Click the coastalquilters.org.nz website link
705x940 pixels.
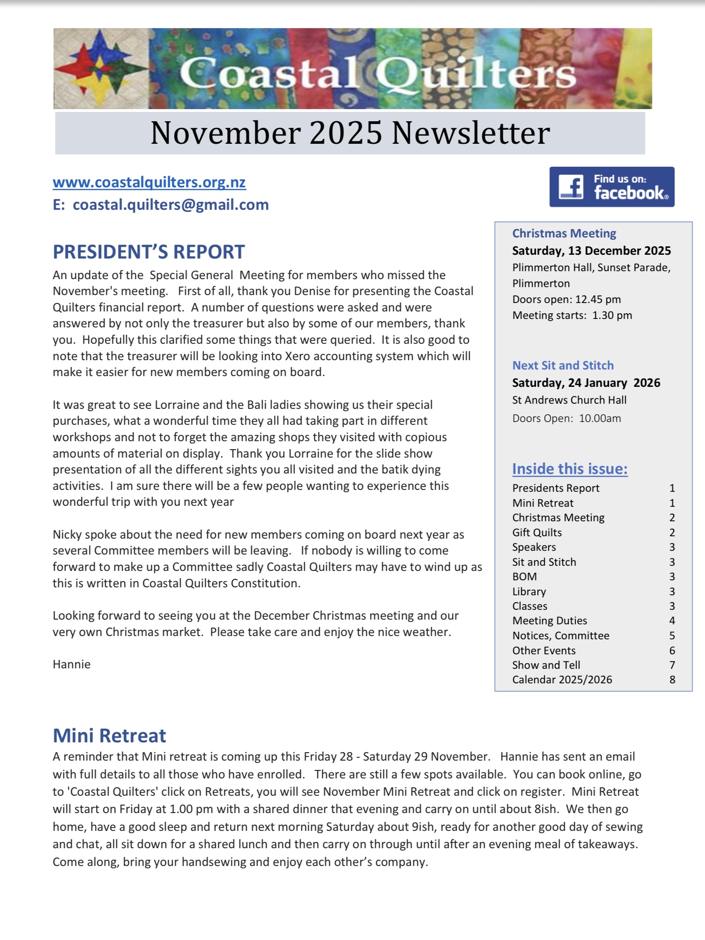149,182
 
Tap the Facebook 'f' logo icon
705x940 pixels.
571,187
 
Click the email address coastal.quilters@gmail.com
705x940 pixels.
171,205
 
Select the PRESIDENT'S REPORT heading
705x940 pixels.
148,252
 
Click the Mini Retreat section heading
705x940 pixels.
109,736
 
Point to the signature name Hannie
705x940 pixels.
72,664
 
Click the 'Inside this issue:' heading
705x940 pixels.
570,469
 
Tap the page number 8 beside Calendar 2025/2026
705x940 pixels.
672,680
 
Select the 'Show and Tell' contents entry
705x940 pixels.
546,665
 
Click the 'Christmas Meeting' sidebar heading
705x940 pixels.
564,233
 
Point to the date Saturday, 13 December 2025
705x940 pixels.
591,251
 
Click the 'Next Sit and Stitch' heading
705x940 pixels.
563,365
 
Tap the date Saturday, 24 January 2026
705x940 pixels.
586,383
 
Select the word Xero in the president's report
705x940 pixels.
297,356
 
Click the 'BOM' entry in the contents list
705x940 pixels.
525,577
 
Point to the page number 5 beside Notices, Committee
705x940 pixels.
672,636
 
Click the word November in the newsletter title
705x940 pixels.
225,133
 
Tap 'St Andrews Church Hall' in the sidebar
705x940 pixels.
569,400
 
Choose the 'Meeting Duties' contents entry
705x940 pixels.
549,621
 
